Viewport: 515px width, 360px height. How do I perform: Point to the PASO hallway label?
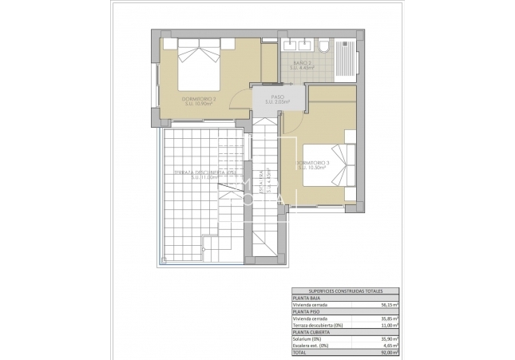point(277,99)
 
